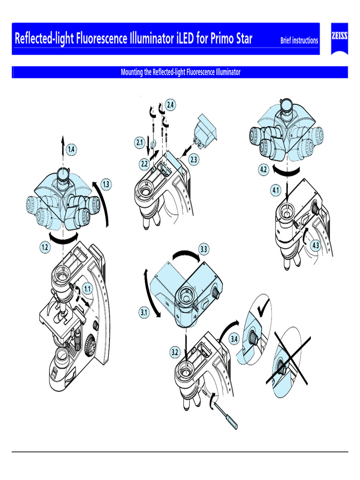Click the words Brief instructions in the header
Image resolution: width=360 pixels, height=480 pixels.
[x=299, y=40]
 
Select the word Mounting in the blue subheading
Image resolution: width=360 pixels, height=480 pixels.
[x=133, y=72]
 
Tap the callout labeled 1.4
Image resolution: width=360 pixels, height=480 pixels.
[x=71, y=150]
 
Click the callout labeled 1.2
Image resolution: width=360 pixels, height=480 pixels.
[x=45, y=248]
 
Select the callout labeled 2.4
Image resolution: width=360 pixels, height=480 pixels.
[x=171, y=105]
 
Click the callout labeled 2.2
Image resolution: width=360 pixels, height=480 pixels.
[x=144, y=164]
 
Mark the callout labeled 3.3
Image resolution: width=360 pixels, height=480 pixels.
[x=203, y=249]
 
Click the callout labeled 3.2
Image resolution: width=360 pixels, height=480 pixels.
[x=175, y=352]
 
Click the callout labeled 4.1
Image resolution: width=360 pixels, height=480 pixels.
[x=275, y=190]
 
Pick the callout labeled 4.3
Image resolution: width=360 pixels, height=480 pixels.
[x=317, y=245]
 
